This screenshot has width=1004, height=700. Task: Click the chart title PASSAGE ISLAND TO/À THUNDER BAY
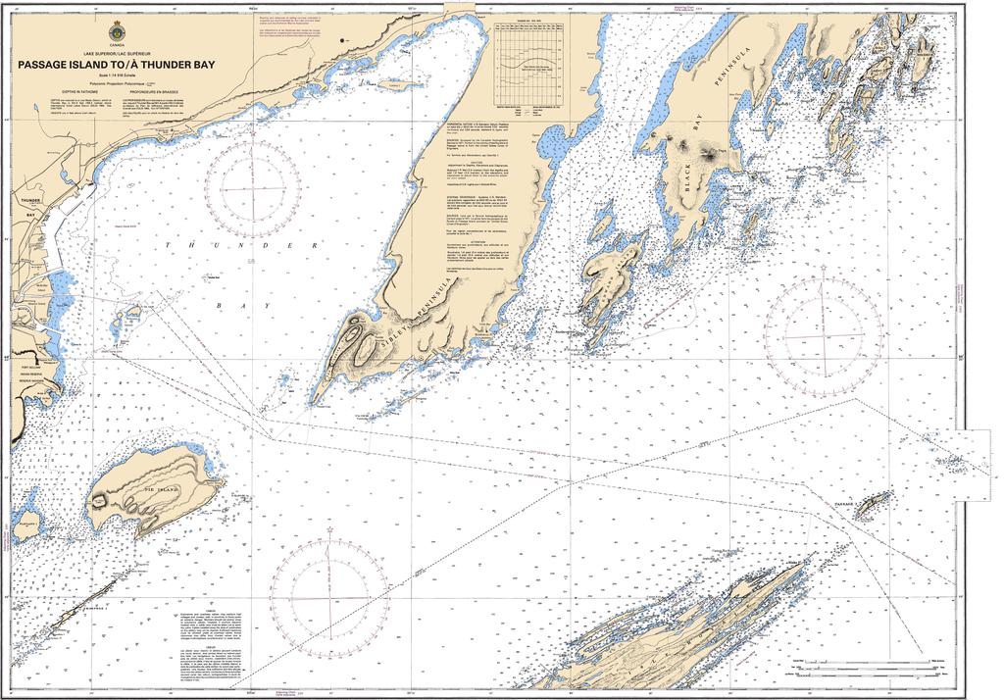pos(117,66)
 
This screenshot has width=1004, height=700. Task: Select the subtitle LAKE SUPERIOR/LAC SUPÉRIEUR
pos(117,50)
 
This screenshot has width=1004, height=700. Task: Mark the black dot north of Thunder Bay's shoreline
pos(341,39)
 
